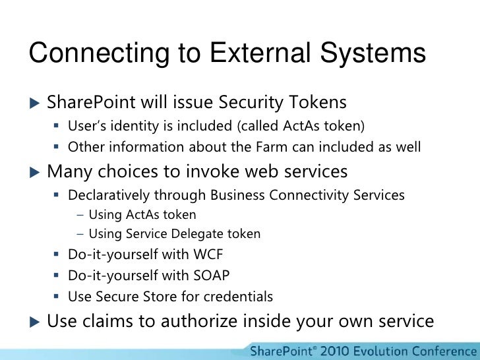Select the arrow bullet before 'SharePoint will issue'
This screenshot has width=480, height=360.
34,103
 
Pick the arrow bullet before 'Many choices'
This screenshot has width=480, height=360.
34,172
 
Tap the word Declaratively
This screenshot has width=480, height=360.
107,195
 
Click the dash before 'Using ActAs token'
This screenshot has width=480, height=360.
80,215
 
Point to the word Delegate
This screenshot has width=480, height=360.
202,234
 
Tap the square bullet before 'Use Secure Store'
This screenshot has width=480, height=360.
57,297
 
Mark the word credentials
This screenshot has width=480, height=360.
239,296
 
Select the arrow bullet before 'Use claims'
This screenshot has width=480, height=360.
34,321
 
